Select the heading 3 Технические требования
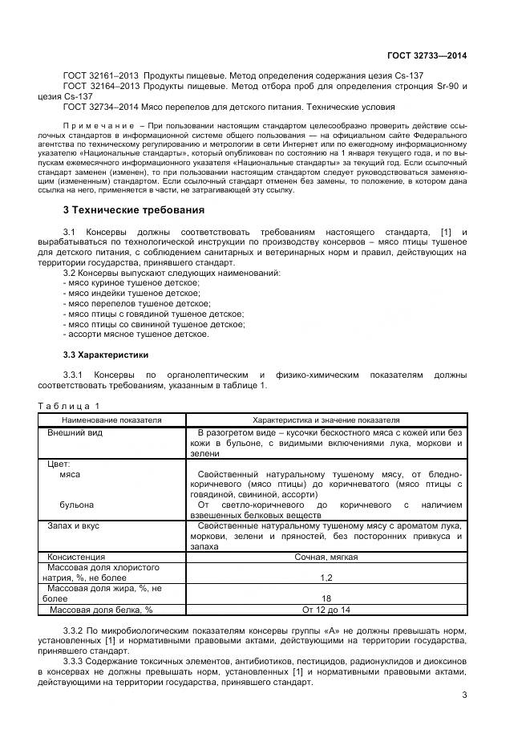(133, 210)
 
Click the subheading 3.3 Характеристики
(105, 355)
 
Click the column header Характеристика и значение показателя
(326, 420)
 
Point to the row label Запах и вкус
(76, 525)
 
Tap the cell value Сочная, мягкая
(326, 556)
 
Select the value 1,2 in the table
(326, 578)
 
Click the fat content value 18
(326, 598)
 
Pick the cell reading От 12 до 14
(326, 610)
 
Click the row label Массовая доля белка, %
(101, 610)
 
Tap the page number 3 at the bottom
(464, 695)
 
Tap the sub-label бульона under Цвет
(77, 505)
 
